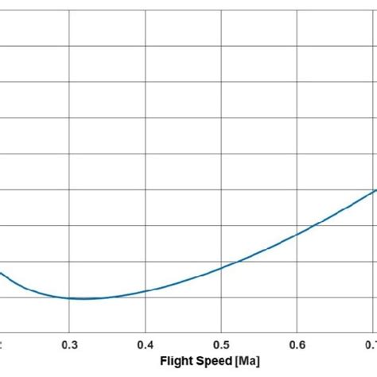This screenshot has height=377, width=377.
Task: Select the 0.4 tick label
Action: point(145,344)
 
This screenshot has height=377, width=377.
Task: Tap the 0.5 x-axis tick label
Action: point(220,344)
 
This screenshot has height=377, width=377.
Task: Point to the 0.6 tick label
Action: point(296,344)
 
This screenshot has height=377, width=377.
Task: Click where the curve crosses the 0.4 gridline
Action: point(146,291)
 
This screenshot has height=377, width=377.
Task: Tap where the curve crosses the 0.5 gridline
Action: point(221,266)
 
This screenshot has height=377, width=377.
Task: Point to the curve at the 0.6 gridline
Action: point(297,234)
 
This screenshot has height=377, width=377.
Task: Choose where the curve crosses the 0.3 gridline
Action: point(70,297)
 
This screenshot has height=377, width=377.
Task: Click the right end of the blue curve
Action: point(375,190)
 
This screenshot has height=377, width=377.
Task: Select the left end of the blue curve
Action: point(1,273)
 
